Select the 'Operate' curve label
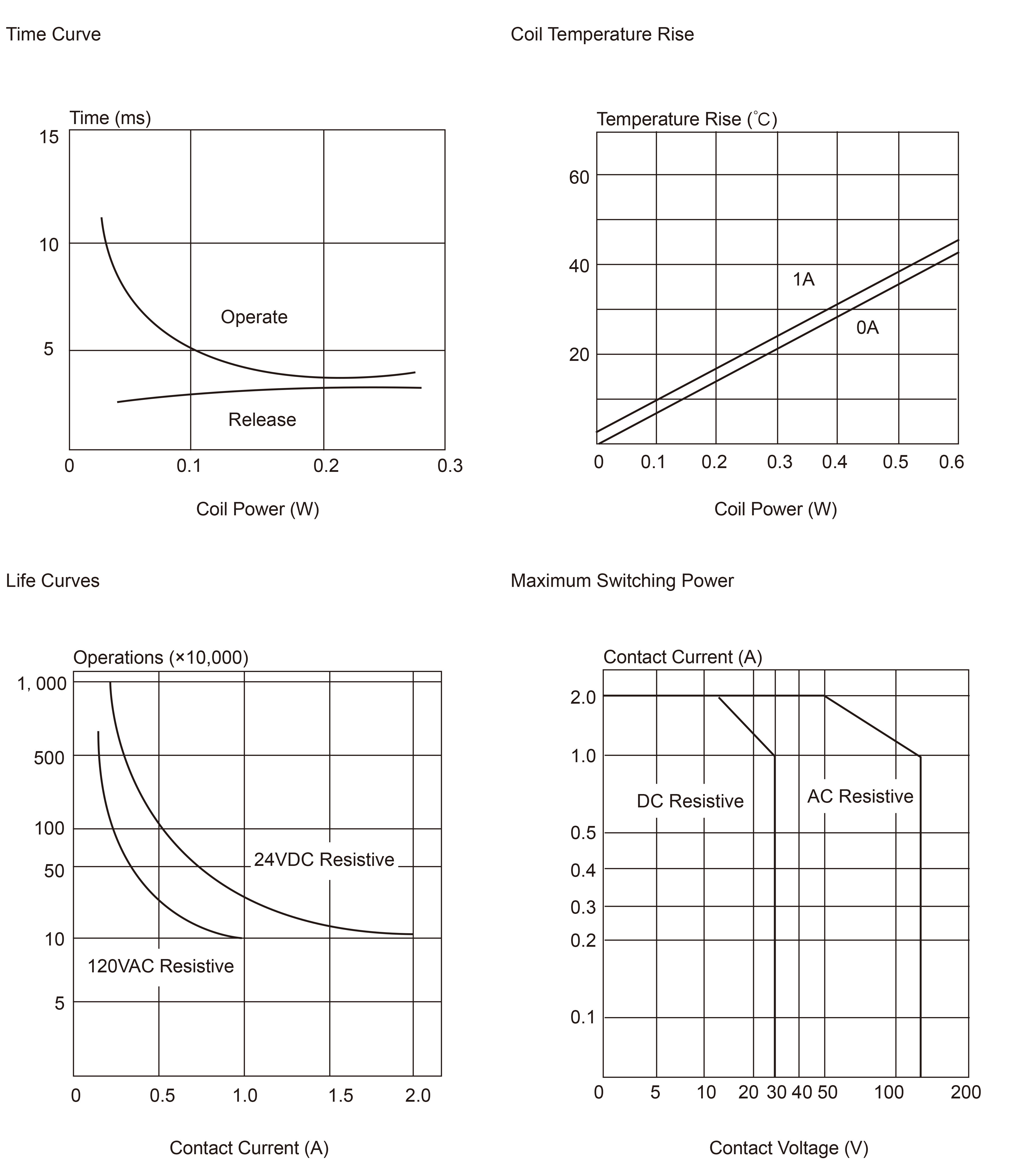[x=254, y=317]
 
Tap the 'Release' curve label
[x=262, y=420]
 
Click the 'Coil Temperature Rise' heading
[x=602, y=35]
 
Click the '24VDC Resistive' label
[x=324, y=860]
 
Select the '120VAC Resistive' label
[x=160, y=966]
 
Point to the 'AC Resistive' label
[x=860, y=796]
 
